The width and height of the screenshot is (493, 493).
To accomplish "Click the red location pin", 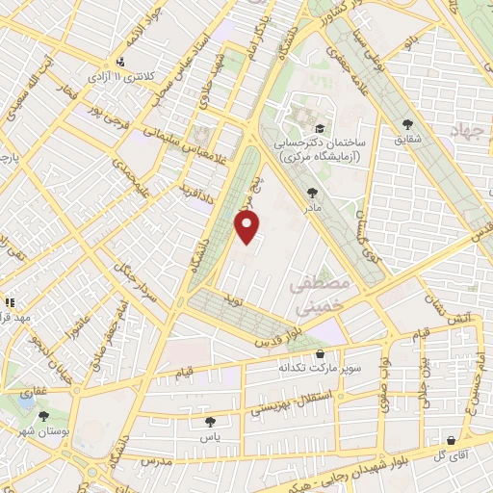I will pos(248,226).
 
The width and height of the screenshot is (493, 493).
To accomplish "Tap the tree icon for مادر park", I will pos(312,193).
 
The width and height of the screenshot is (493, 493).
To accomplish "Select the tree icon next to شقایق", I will pos(409,123).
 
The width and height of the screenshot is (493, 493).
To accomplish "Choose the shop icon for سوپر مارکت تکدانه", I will pos(320,354).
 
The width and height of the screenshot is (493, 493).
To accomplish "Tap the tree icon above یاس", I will pos(210,421).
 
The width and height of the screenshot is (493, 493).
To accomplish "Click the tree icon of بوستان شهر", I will pos(44,416).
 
